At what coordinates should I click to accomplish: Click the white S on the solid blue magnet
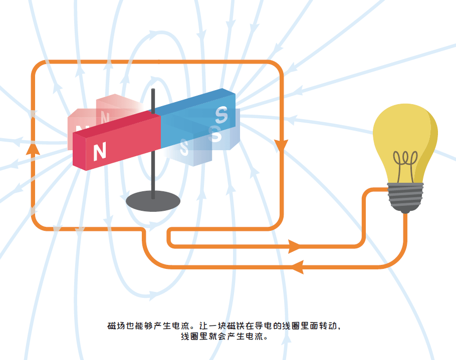coord(221,115)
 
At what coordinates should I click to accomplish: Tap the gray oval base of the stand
coord(153,201)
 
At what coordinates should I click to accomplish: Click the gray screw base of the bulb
coord(405,196)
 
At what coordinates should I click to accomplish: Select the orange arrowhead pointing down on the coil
coord(281,145)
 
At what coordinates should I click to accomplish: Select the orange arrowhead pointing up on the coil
coord(33,149)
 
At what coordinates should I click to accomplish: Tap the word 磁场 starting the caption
coord(116,326)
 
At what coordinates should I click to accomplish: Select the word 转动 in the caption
coord(328,326)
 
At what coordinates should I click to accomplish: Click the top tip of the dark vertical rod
coord(153,89)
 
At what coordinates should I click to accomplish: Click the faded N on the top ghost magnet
coord(105,117)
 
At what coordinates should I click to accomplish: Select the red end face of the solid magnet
coord(79,152)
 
